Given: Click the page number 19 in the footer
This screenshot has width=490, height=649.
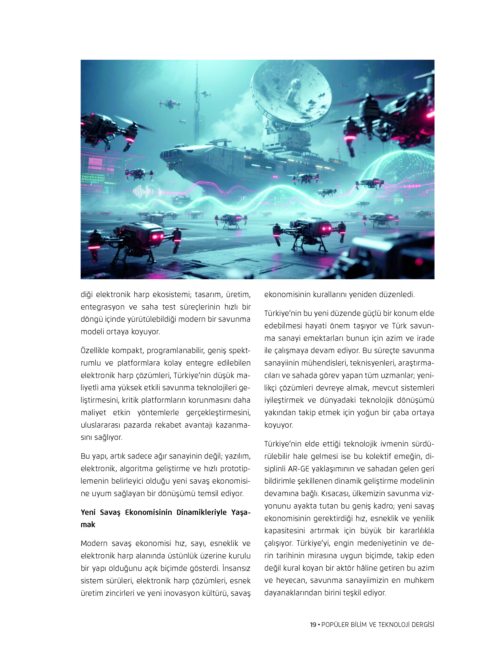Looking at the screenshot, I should [313, 633].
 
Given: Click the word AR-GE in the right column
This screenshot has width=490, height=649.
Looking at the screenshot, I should [298, 469].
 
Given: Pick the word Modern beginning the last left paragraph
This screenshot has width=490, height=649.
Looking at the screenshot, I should [94, 543].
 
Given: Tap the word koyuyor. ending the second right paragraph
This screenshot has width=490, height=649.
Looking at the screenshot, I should [279, 425].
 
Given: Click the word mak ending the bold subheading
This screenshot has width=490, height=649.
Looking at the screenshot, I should [88, 525].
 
